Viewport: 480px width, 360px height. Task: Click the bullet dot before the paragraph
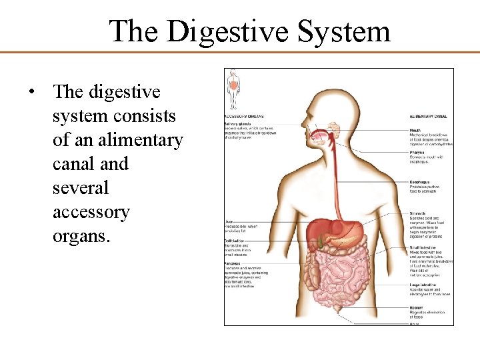point(32,92)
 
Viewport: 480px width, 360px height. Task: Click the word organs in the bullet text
point(80,236)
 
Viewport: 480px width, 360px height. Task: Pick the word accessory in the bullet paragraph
point(91,212)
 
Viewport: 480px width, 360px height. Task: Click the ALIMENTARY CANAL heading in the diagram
point(427,117)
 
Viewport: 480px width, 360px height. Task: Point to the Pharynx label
point(417,153)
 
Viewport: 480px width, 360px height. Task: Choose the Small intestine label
point(423,247)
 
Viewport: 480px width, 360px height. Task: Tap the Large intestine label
point(423,284)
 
